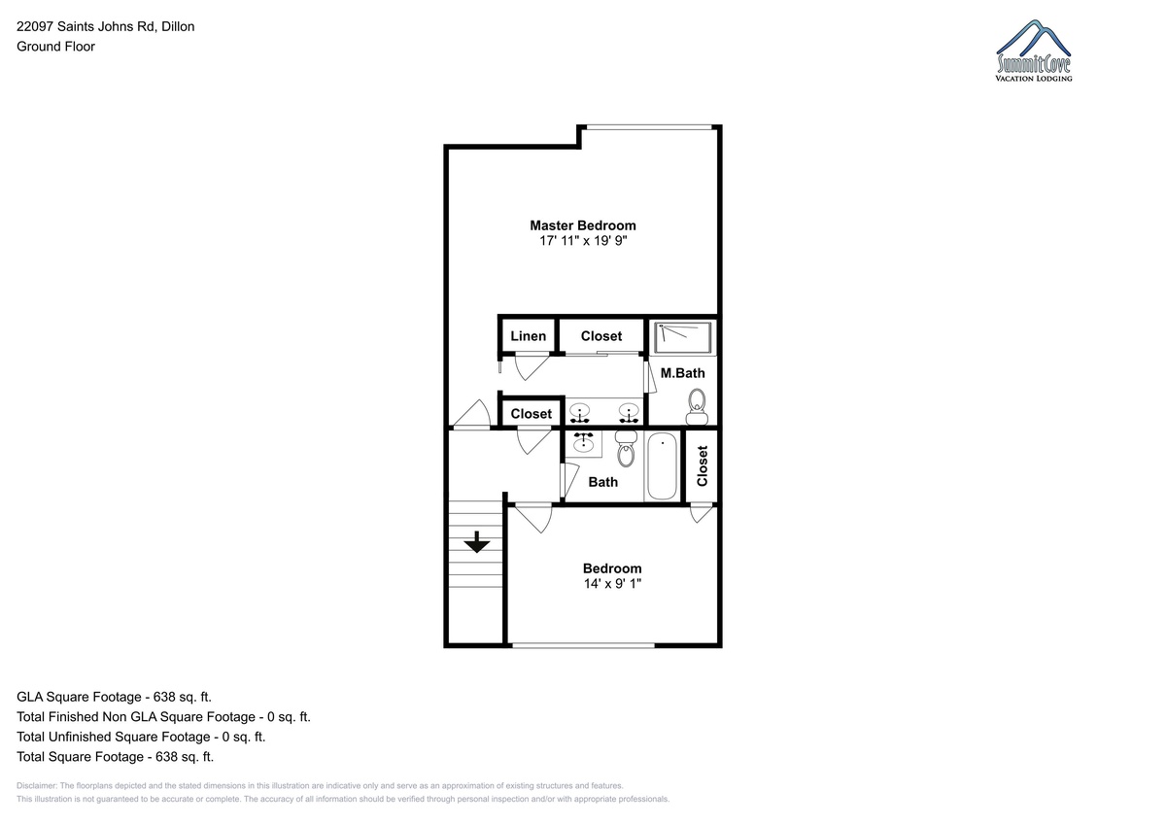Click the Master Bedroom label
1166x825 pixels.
pyautogui.click(x=582, y=225)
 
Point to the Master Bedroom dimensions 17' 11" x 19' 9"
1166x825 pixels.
pyautogui.click(x=583, y=240)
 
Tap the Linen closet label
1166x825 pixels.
pyautogui.click(x=528, y=336)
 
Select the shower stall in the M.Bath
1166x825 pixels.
pyautogui.click(x=683, y=338)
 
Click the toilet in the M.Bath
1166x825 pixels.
pyautogui.click(x=697, y=407)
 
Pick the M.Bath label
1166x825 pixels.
pyautogui.click(x=682, y=373)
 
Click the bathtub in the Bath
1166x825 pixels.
pyautogui.click(x=662, y=466)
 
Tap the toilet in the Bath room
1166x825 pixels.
pyautogui.click(x=626, y=449)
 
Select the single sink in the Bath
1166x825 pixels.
pyautogui.click(x=584, y=443)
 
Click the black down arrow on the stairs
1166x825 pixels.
pyautogui.click(x=477, y=542)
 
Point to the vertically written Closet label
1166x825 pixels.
pyautogui.click(x=703, y=465)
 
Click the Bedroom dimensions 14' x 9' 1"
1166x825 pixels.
pyautogui.click(x=612, y=583)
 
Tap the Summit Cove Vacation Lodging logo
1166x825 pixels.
pyautogui.click(x=1033, y=51)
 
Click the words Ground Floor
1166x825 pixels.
pyautogui.click(x=55, y=47)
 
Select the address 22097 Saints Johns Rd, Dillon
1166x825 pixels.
pyautogui.click(x=106, y=26)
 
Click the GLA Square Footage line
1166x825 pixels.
pyautogui.click(x=114, y=697)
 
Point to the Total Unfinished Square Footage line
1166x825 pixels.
pyautogui.click(x=141, y=737)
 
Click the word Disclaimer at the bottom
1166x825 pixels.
pyautogui.click(x=37, y=785)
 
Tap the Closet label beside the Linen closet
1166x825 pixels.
pyautogui.click(x=601, y=336)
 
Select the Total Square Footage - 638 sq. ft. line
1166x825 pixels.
pyautogui.click(x=115, y=756)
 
